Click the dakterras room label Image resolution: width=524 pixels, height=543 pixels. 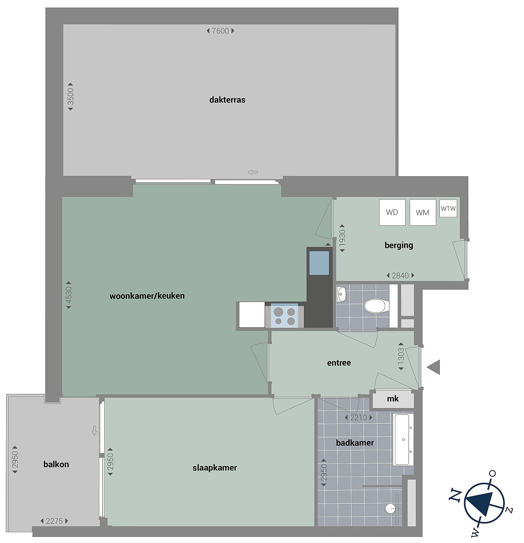tap(227, 100)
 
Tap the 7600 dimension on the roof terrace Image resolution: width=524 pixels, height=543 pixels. tap(220, 31)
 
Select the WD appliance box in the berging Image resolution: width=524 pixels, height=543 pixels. tap(392, 212)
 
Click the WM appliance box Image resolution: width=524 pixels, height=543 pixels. tap(423, 212)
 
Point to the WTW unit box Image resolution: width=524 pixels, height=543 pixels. tap(448, 208)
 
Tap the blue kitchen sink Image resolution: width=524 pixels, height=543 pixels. tap(319, 263)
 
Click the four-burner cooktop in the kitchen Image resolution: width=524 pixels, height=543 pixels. tap(285, 316)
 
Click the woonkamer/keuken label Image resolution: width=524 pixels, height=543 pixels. tap(147, 296)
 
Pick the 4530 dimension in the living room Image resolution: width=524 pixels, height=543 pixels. tap(69, 295)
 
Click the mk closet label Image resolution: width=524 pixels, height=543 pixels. tap(393, 399)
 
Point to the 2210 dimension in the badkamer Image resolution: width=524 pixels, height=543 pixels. tap(359, 418)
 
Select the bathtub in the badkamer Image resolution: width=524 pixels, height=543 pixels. tap(403, 439)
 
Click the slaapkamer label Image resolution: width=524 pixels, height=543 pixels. tap(215, 468)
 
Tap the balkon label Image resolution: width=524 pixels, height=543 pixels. tap(56, 464)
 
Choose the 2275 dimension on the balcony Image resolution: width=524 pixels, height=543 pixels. tap(54, 521)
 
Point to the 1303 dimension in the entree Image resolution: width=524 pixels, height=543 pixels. tap(401, 356)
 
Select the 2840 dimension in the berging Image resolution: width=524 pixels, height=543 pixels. tap(400, 275)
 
